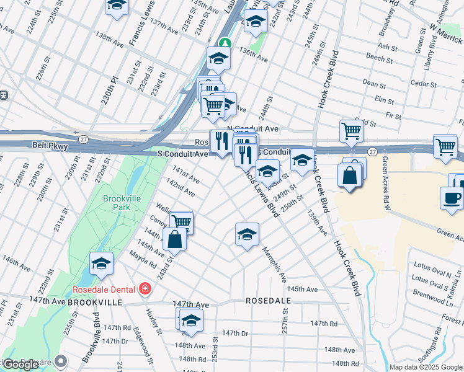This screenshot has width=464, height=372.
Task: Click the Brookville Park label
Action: (x=117, y=203)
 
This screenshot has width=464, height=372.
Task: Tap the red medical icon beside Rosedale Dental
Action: (x=145, y=289)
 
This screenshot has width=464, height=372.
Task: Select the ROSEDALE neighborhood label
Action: (x=268, y=300)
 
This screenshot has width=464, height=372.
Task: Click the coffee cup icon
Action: (x=452, y=198)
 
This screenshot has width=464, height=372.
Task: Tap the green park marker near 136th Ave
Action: (x=226, y=44)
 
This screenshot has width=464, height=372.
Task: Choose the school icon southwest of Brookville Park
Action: (x=101, y=264)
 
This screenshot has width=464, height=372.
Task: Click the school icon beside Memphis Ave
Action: (x=247, y=234)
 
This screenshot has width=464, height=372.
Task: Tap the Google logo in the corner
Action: (x=21, y=365)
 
